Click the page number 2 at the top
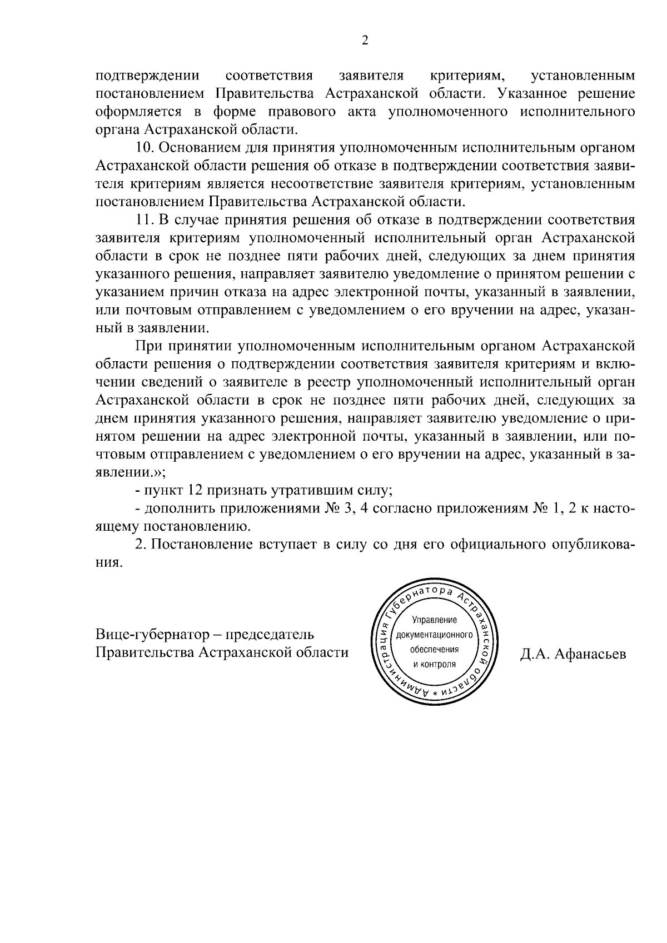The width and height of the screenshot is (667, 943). [365, 40]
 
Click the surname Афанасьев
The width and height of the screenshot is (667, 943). [590, 654]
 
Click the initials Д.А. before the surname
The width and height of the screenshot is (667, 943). [535, 654]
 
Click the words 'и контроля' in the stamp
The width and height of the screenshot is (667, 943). [434, 664]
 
